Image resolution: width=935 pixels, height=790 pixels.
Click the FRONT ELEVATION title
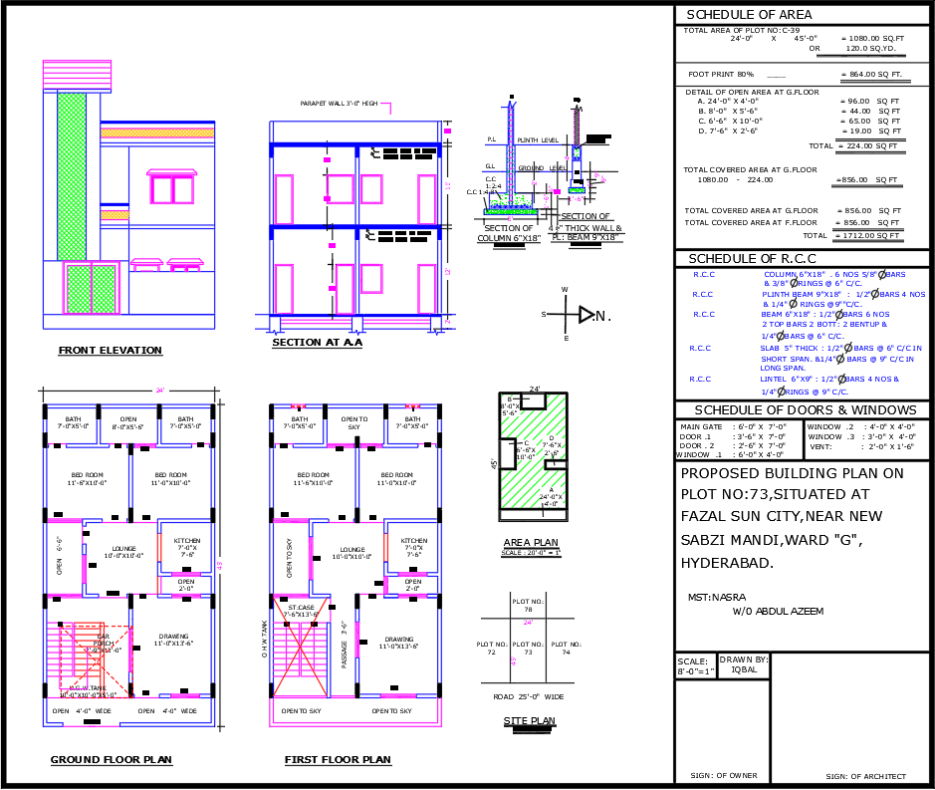point(110,350)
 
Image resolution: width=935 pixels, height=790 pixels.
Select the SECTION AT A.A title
point(317,343)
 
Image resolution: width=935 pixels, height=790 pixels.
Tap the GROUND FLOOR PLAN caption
point(112,760)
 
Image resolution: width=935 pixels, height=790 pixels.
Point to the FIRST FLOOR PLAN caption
point(338,760)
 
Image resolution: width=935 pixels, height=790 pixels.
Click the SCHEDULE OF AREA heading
point(749,15)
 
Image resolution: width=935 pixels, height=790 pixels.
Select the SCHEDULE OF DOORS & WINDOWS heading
point(805,409)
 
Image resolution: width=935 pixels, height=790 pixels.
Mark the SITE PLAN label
point(529,721)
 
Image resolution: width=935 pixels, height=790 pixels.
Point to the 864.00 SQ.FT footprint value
point(871,75)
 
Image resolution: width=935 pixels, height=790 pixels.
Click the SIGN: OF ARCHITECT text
point(866,776)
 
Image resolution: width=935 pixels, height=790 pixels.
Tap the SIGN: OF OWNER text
point(723,775)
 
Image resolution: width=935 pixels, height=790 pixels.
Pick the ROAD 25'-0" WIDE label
point(529,696)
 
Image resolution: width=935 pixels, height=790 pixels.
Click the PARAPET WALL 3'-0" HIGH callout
point(339,104)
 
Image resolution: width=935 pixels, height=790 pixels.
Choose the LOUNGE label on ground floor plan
point(124,549)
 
